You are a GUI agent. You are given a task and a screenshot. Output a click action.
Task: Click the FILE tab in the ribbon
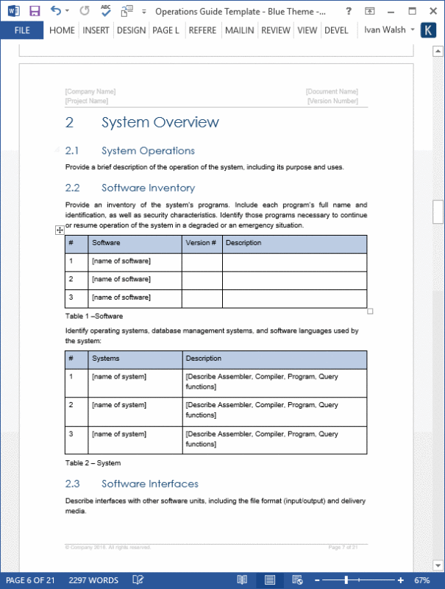[x=22, y=30]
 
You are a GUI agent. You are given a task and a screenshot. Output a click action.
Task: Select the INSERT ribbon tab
[x=96, y=30]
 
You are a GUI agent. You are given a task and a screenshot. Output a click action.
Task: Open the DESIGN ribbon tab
[x=131, y=30]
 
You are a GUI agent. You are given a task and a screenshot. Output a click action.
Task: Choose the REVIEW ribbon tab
[x=276, y=30]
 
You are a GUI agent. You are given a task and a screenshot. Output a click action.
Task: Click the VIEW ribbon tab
[x=307, y=30]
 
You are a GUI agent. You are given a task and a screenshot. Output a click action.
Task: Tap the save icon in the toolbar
[x=35, y=11]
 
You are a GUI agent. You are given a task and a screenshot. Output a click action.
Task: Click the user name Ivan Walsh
[x=384, y=30]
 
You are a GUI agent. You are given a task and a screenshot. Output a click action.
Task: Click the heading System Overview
[x=160, y=123]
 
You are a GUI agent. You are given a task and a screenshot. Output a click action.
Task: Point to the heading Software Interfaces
[x=149, y=484]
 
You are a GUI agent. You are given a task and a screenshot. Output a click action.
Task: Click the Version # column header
[x=201, y=242]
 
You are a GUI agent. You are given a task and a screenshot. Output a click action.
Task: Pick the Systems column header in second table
[x=106, y=359]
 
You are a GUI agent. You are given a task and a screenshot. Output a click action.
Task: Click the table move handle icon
[x=60, y=230]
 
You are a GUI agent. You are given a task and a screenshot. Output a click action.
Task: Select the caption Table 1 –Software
[x=94, y=316]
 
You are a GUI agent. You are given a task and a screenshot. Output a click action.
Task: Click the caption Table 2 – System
[x=93, y=463]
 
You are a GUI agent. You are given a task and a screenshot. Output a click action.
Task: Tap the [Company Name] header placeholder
[x=90, y=91]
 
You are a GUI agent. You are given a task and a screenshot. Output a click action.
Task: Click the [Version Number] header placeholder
[x=332, y=101]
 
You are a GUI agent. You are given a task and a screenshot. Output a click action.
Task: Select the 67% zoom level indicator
[x=422, y=580]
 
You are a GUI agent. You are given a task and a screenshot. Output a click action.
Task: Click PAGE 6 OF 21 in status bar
[x=31, y=580]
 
